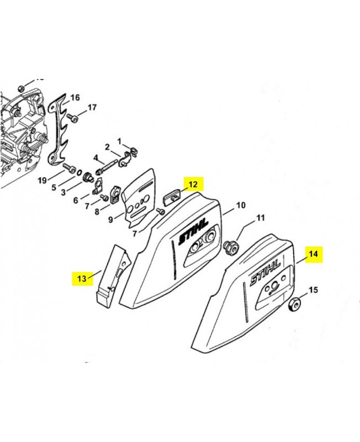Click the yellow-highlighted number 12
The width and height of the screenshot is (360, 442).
coord(193,185)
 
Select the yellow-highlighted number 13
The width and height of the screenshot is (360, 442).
coord(82,278)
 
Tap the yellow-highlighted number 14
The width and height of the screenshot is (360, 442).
coord(313,254)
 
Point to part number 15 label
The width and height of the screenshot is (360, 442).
coord(314,290)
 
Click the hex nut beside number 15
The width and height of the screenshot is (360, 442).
coord(294,304)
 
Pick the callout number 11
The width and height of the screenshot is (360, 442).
coord(261,218)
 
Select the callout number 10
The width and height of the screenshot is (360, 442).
coord(241,205)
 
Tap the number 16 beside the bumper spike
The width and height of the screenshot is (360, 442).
coord(75,98)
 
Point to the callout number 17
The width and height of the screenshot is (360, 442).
coord(92,107)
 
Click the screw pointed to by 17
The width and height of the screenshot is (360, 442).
coord(73,118)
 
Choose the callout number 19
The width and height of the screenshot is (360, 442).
coord(43,180)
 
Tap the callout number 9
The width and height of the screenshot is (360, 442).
coord(110,219)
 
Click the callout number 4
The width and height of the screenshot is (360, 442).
coord(96,157)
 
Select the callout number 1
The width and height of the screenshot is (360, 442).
coord(119,141)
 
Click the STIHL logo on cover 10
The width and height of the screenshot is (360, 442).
coord(193,231)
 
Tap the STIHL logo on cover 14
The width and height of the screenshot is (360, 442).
coord(265,273)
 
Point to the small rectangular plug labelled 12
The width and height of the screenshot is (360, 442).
coord(172,196)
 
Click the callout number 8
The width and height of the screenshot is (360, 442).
coord(97,212)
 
